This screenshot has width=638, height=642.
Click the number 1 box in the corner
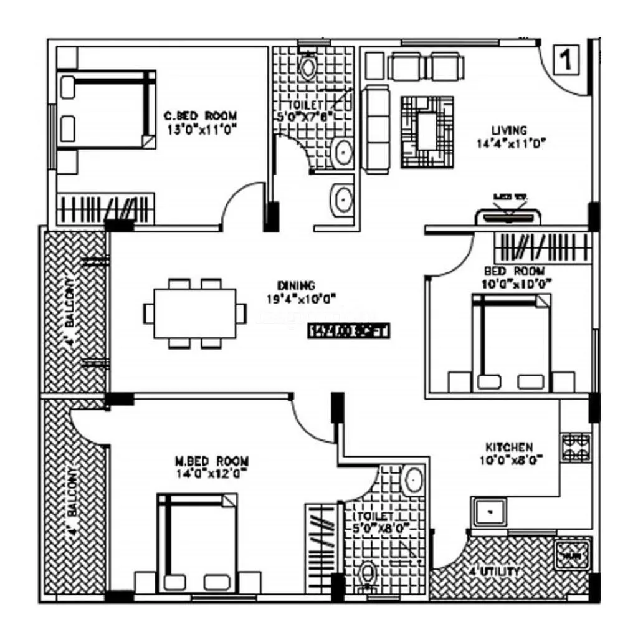[566, 60]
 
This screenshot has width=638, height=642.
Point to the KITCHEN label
[509, 453]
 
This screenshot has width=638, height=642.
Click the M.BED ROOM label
[211, 466]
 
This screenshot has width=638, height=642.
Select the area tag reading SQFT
[348, 331]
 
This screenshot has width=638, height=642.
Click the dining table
[195, 313]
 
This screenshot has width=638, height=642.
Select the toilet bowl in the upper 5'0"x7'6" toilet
[308, 65]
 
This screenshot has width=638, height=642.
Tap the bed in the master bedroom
[197, 542]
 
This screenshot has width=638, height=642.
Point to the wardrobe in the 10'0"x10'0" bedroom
[542, 247]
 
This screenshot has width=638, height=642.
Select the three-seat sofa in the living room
[376, 129]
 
